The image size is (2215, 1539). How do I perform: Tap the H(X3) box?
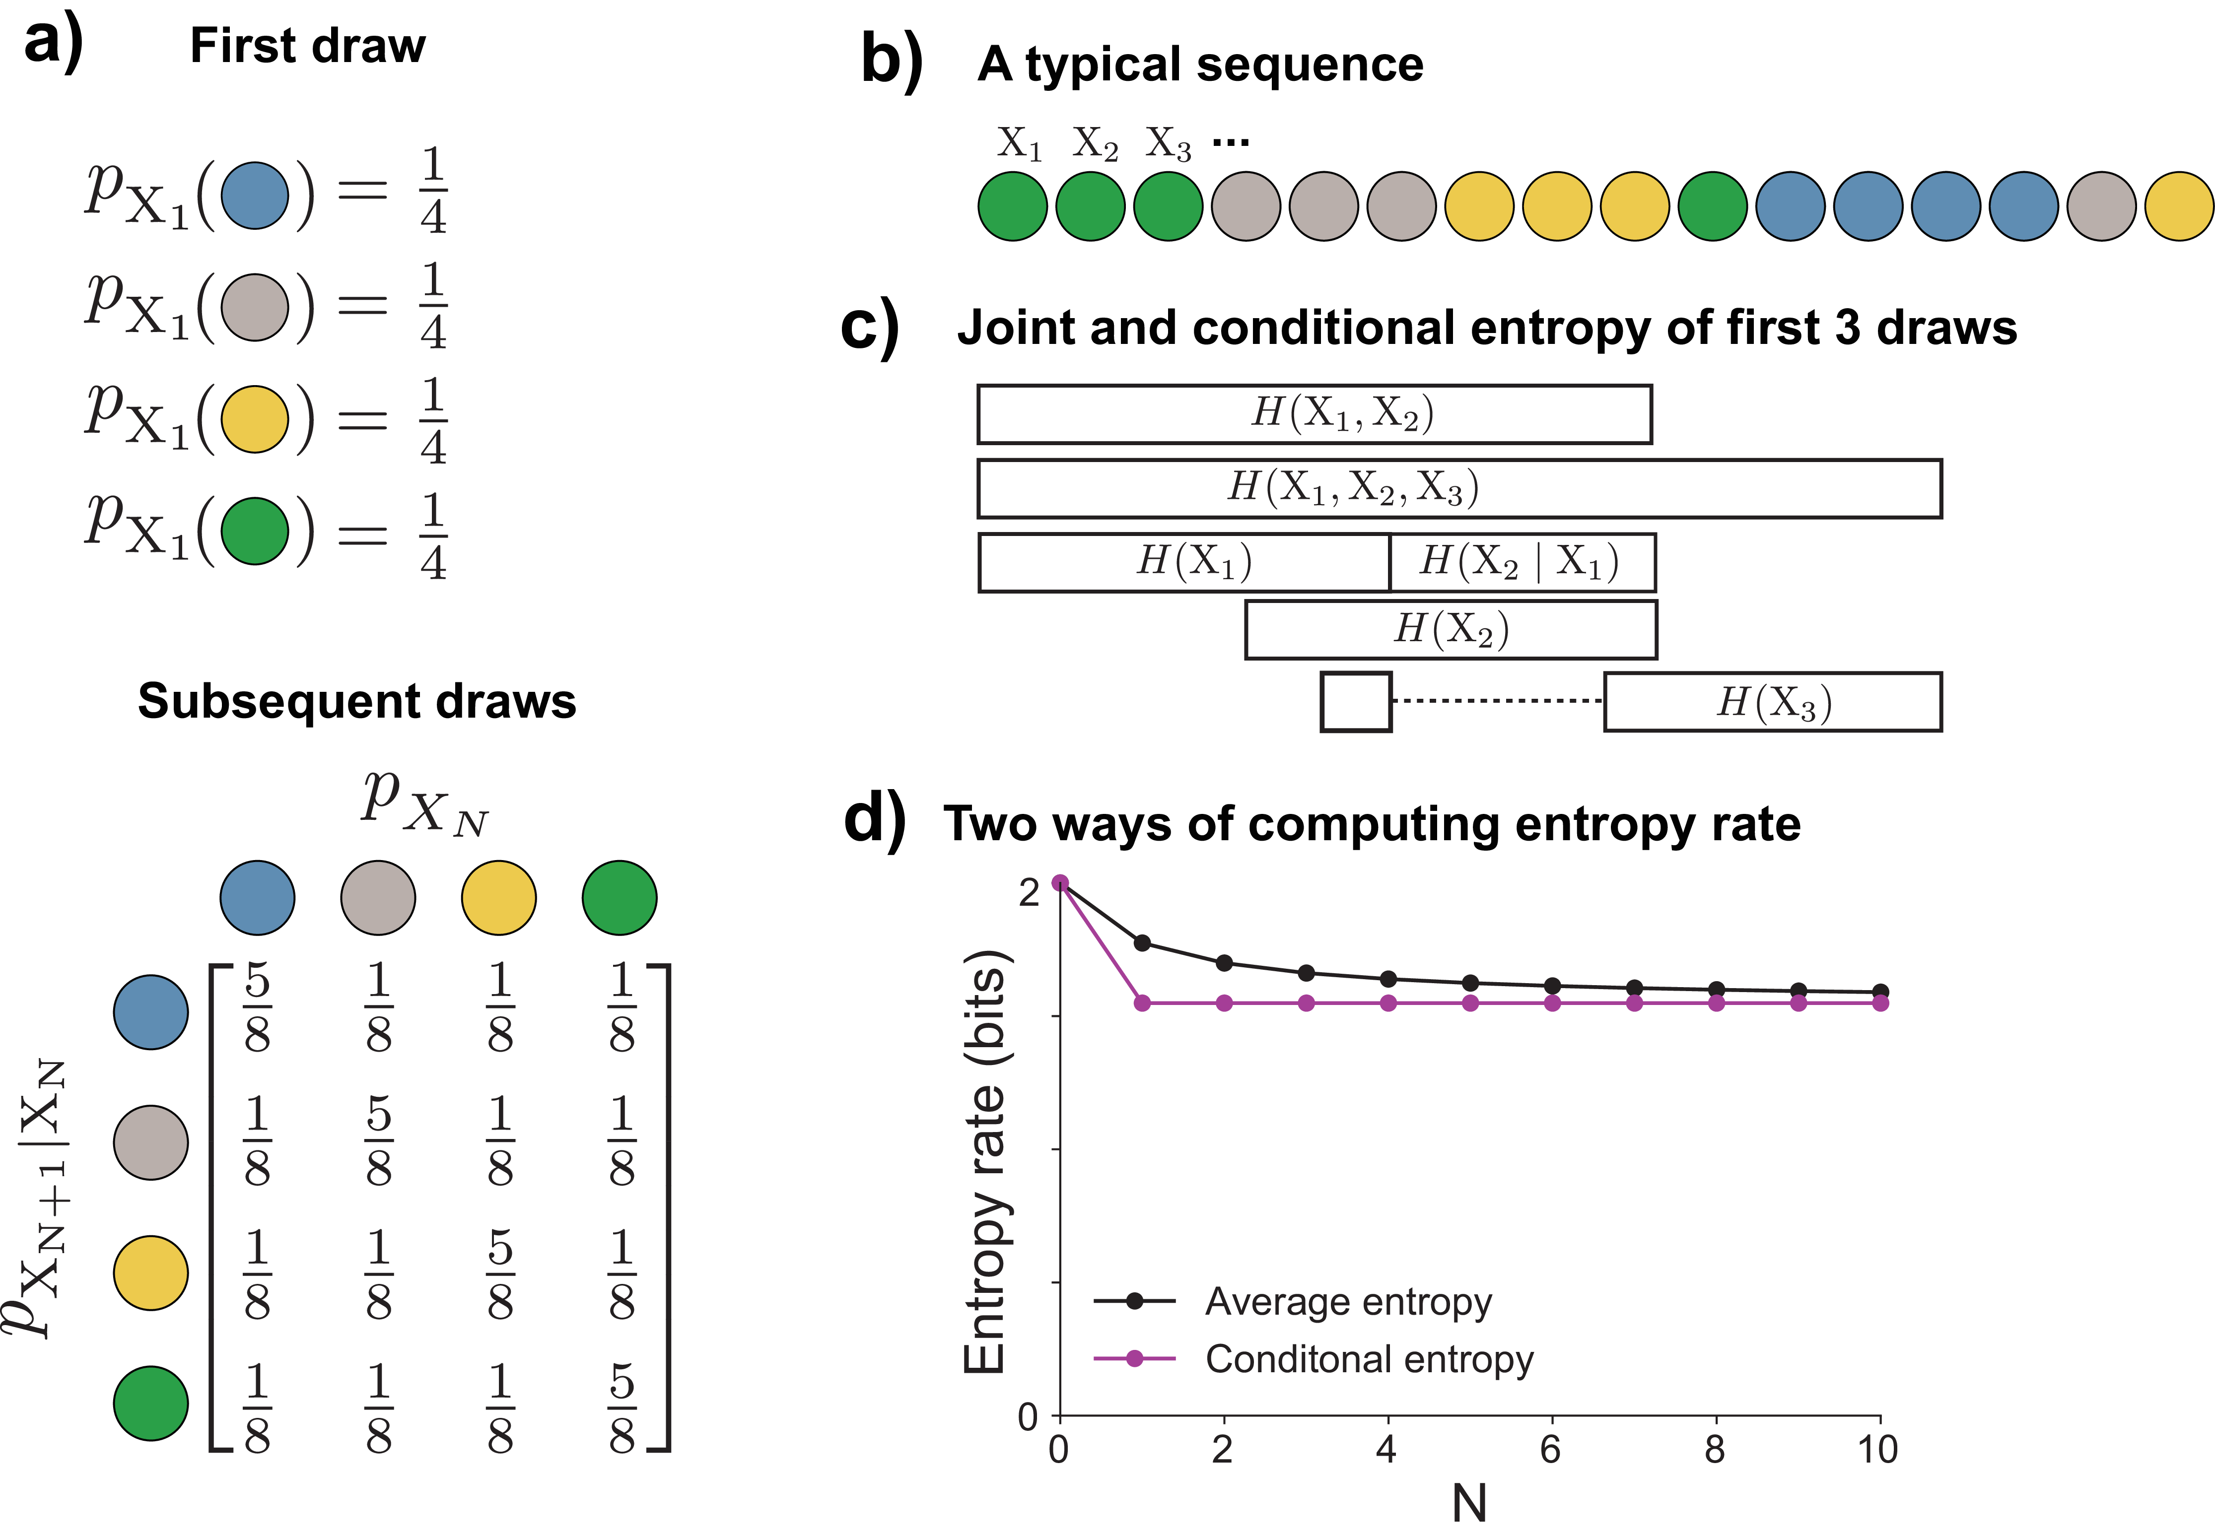coord(1772,702)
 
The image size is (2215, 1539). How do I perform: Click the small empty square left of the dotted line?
coord(1355,702)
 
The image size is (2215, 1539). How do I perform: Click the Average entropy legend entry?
coord(1347,1302)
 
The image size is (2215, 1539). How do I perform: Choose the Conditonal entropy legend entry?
coord(1368,1360)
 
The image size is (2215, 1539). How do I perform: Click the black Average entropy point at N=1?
coord(1142,942)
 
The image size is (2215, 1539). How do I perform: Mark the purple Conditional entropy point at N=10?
coord(1879,1003)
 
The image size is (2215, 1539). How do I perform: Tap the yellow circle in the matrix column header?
coord(498,898)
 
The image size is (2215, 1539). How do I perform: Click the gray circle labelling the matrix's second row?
coord(150,1142)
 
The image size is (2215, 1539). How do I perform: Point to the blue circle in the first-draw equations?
coord(255,196)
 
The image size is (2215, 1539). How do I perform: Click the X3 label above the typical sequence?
coord(1168,144)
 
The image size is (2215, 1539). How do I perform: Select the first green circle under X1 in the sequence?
coord(1013,206)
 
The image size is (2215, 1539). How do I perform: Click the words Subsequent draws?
coord(357,701)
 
